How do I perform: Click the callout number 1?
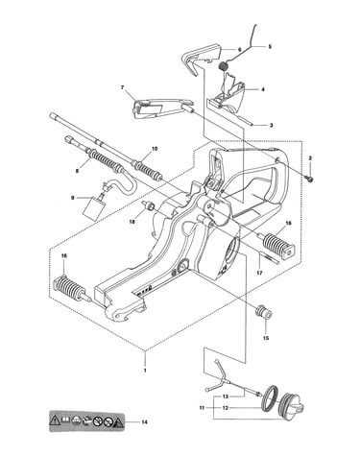[145, 371]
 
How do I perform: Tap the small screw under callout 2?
[310, 180]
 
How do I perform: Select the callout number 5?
[270, 47]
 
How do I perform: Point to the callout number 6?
[239, 50]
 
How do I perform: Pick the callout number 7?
[122, 87]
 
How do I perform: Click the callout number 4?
[263, 90]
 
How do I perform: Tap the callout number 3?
[271, 126]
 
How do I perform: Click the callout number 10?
[155, 149]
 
